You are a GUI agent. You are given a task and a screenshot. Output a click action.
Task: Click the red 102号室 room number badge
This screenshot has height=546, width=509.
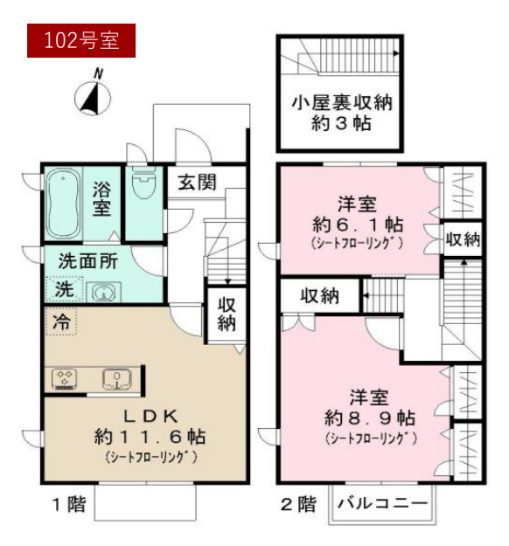pos(80,38)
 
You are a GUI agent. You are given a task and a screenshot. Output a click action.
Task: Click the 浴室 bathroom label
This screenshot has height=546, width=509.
pos(102,198)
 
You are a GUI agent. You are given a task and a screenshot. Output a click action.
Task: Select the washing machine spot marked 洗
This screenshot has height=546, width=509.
pos(63,287)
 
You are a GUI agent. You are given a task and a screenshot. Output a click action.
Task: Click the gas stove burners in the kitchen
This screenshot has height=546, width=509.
pos(66,378)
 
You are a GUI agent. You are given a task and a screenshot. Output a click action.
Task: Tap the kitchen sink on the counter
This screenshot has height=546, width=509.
pos(114,378)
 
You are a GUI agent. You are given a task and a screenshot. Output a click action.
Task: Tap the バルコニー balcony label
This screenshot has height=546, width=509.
pos(381,505)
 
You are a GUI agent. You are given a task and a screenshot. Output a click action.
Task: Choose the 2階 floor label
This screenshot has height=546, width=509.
pos(298,504)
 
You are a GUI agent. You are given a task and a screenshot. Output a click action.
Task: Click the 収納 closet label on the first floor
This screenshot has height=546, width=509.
pos(226,314)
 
